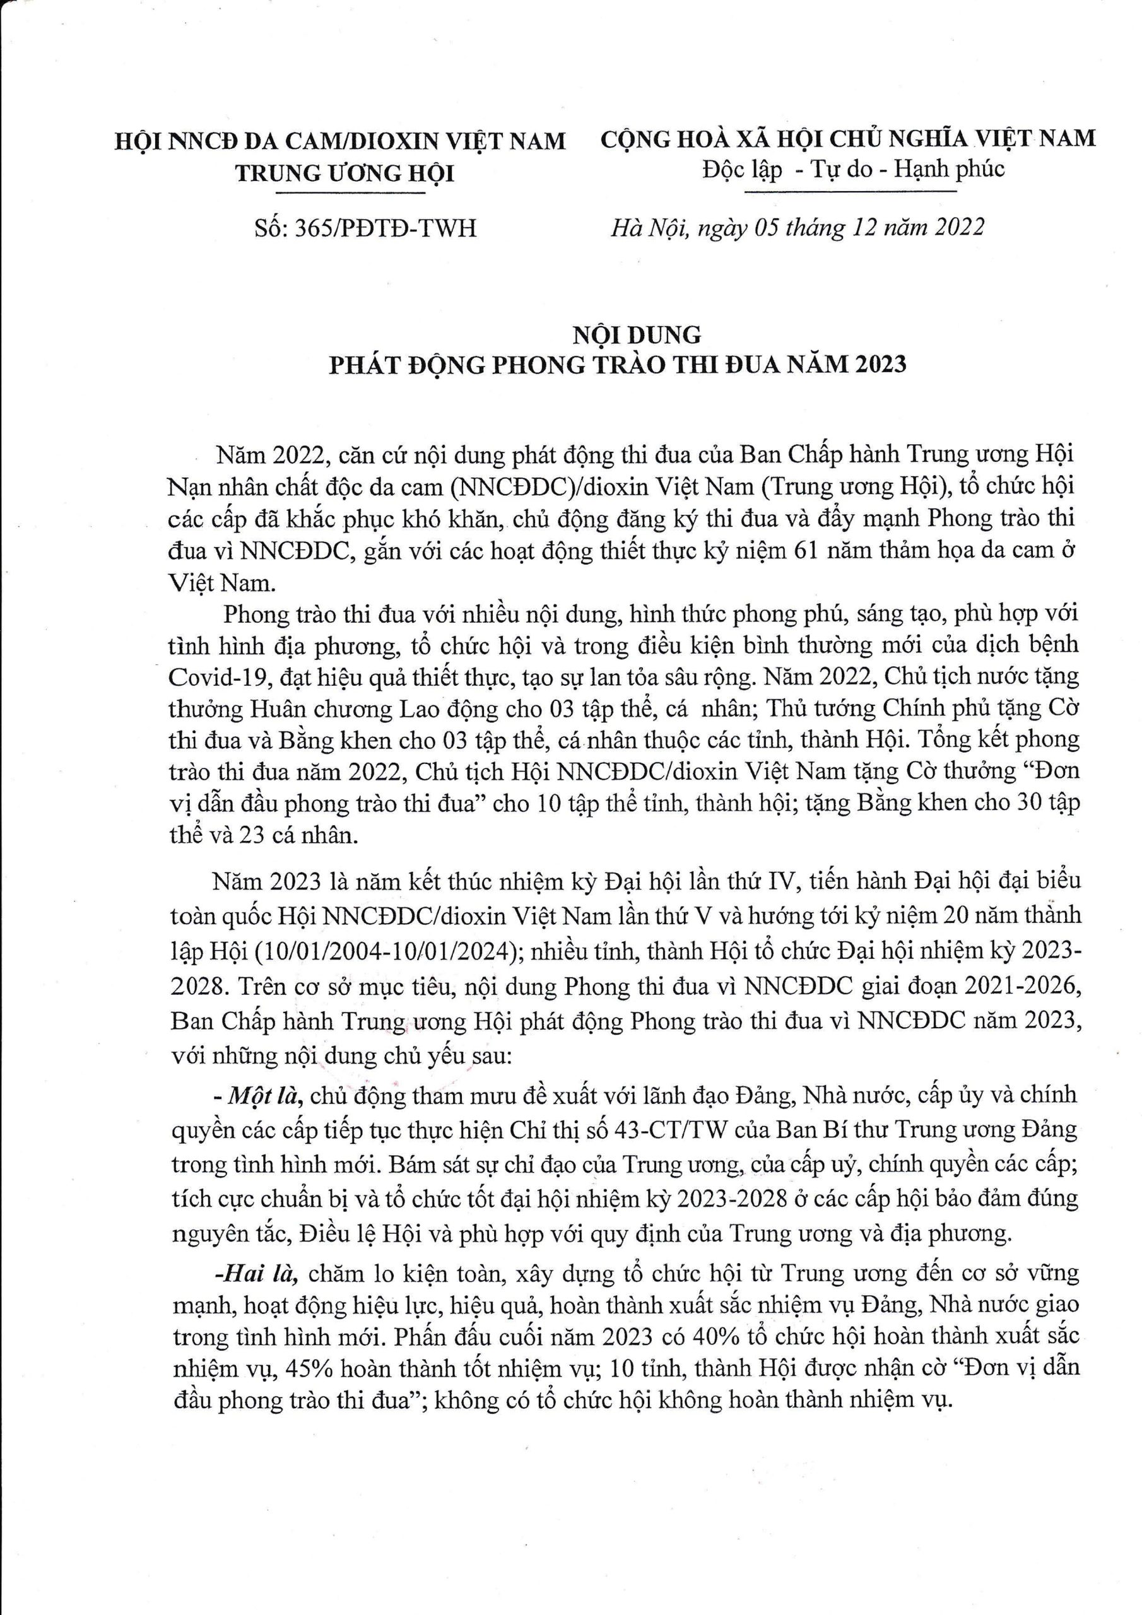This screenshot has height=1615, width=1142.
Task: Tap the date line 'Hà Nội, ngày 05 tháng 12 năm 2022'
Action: click(x=798, y=227)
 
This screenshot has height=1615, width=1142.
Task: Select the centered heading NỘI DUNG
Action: click(x=636, y=334)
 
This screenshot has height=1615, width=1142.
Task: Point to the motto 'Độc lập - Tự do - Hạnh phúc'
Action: click(x=852, y=170)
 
